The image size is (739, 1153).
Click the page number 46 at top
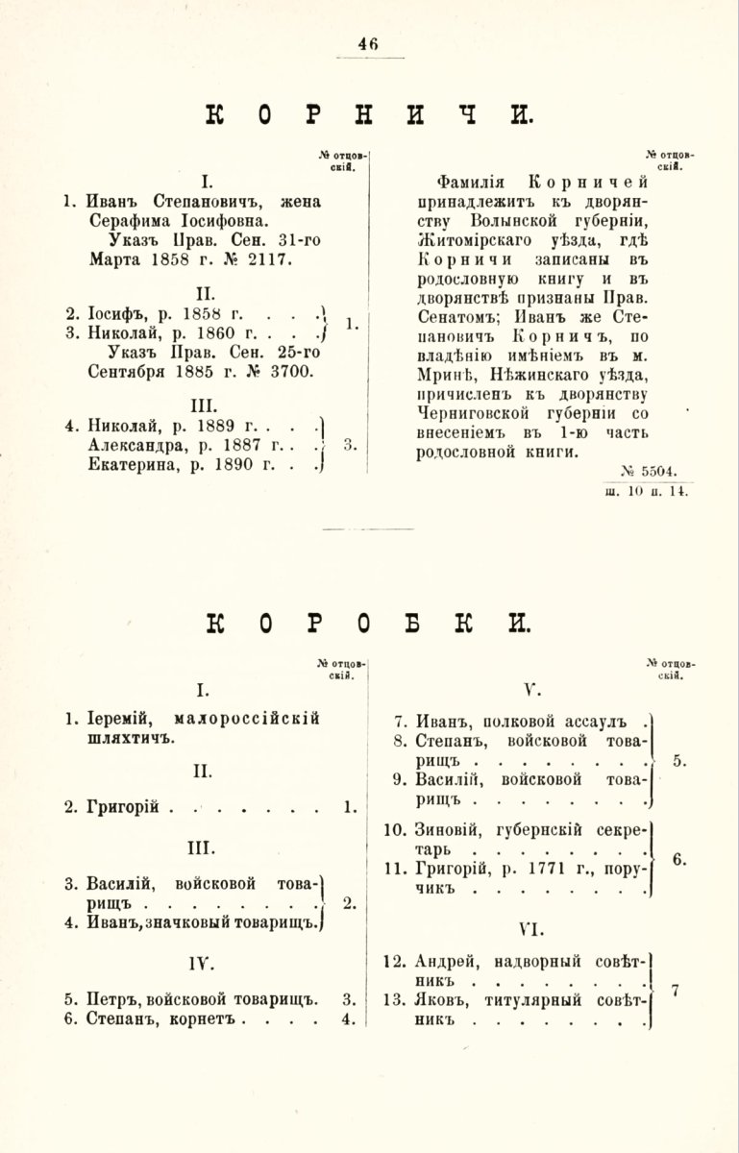click(368, 43)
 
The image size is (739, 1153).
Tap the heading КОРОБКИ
click(369, 624)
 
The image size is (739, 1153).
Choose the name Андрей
click(449, 960)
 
